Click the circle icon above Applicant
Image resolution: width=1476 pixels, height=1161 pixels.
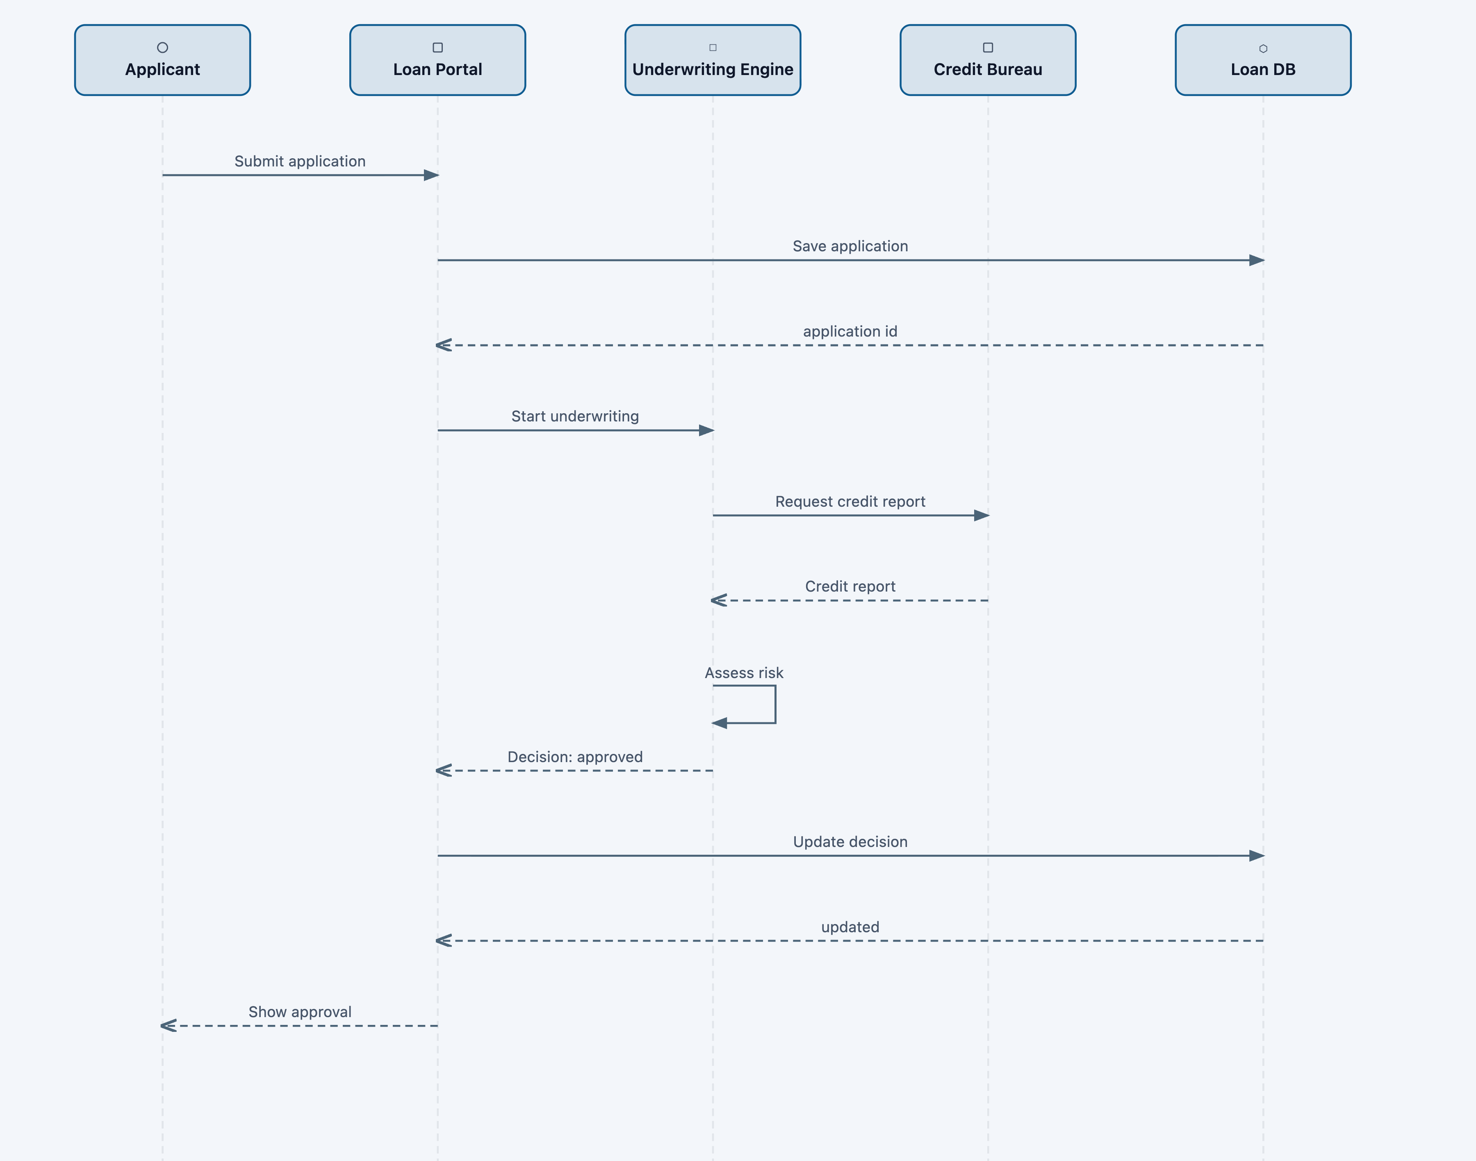(x=162, y=48)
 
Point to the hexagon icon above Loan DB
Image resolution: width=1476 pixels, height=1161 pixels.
(x=1262, y=48)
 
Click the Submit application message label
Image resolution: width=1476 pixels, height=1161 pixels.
(x=300, y=161)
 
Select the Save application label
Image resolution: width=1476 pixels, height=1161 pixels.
(x=850, y=246)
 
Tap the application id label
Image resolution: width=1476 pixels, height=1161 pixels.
(x=850, y=331)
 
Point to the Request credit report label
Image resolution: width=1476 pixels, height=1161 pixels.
(x=850, y=502)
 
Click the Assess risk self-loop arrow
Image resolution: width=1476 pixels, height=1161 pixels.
(x=774, y=705)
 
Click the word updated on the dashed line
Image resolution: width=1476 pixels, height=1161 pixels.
(x=850, y=927)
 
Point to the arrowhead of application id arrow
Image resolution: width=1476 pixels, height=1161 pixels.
(x=443, y=345)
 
